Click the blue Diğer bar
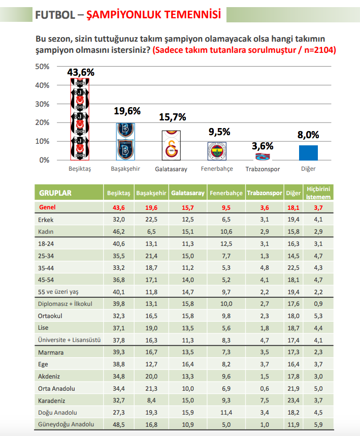(308, 152)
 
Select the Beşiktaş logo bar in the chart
(80, 119)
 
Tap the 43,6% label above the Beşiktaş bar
(81, 72)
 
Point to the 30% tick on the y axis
(42, 104)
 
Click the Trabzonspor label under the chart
(263, 169)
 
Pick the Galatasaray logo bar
(171, 145)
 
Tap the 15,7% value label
(173, 117)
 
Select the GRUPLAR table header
(55, 193)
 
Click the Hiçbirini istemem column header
(319, 193)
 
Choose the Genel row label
(47, 207)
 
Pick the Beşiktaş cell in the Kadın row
(118, 231)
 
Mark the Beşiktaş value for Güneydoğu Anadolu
(118, 424)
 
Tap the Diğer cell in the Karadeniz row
(293, 400)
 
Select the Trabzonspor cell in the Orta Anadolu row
(264, 388)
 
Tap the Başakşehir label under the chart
(125, 169)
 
